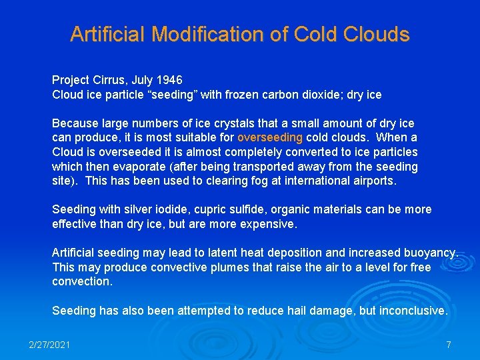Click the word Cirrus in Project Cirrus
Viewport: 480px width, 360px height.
pyautogui.click(x=109, y=80)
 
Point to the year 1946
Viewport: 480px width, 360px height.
pyautogui.click(x=169, y=80)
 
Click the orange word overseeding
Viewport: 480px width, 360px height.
pyautogui.click(x=270, y=138)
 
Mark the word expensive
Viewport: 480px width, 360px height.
pyautogui.click(x=269, y=224)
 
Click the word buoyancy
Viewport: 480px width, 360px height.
pyautogui.click(x=431, y=253)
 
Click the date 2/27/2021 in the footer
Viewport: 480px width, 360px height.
pyautogui.click(x=49, y=345)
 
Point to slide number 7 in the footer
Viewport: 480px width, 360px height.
pyautogui.click(x=449, y=345)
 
